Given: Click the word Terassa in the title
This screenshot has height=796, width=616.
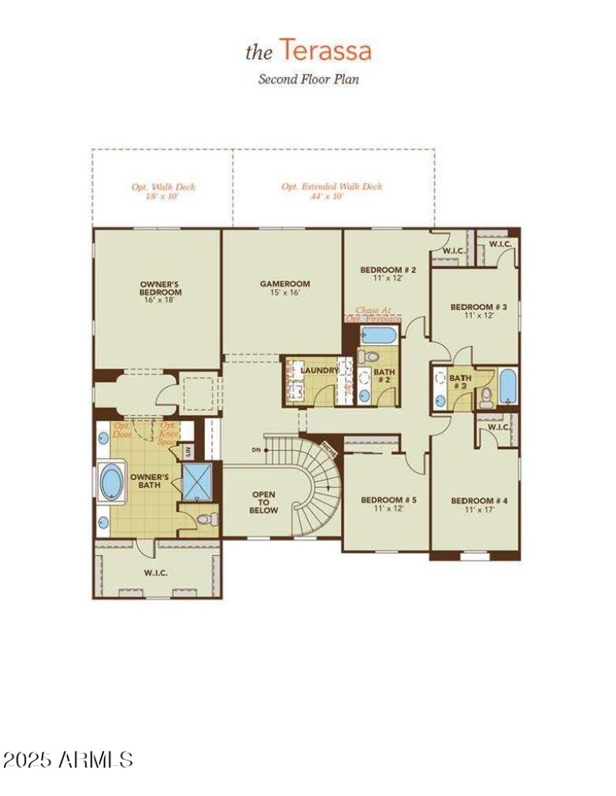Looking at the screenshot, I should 325,51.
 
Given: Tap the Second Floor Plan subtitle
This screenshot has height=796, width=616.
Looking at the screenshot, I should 308,78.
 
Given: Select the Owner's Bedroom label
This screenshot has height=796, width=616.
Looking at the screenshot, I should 160,288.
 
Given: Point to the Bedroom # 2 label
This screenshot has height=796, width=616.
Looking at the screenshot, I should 388,273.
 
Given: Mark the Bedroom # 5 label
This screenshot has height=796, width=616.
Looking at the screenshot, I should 388,504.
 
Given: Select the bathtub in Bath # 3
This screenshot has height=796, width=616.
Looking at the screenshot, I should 508,387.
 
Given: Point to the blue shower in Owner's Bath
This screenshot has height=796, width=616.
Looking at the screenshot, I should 197,481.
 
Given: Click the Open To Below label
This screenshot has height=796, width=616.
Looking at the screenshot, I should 263,501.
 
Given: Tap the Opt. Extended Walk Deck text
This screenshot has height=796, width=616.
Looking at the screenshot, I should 331,186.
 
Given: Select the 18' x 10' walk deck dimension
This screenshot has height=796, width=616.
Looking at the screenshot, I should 162,196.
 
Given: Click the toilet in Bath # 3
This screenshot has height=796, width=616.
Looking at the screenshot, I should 486,398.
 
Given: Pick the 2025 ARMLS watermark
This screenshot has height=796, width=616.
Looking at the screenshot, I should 68,760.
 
